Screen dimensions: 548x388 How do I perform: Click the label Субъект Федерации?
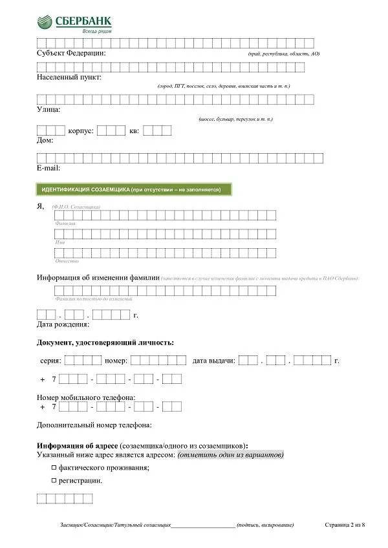pyautogui.click(x=71, y=53)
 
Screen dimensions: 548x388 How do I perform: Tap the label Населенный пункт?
pyautogui.click(x=69, y=78)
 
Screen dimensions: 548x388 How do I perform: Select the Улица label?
pyautogui.click(x=48, y=110)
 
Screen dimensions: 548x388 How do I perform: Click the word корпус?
pyautogui.click(x=81, y=131)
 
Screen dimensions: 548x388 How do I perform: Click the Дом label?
pyautogui.click(x=45, y=140)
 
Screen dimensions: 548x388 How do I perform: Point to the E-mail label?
pyautogui.click(x=48, y=168)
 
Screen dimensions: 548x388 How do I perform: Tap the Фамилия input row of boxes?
pyautogui.click(x=165, y=216)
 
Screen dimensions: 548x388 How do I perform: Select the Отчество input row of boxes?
pyautogui.click(x=165, y=253)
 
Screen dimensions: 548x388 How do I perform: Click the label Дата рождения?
pyautogui.click(x=63, y=324)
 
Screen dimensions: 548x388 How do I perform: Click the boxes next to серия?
pyautogui.click(x=83, y=361)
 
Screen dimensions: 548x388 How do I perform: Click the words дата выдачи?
pyautogui.click(x=213, y=361)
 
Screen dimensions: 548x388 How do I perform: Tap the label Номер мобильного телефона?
pyautogui.click(x=86, y=397)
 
